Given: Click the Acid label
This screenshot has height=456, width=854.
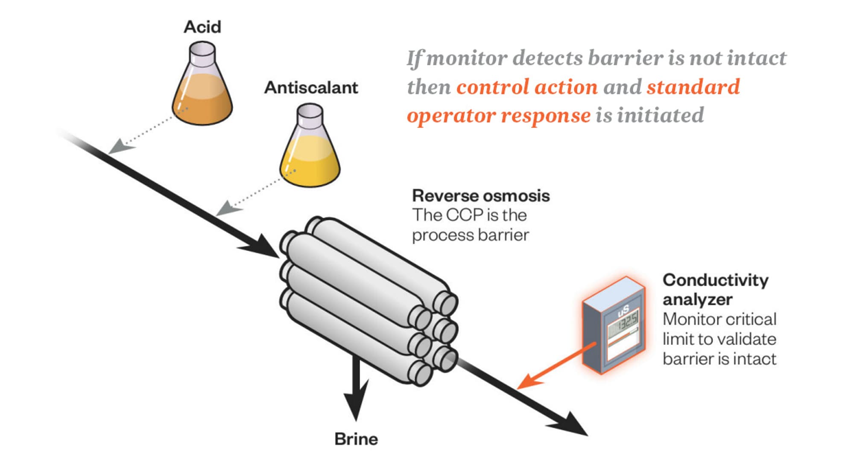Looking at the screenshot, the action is click(x=202, y=27).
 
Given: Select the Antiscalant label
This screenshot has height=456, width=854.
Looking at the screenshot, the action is click(x=311, y=87).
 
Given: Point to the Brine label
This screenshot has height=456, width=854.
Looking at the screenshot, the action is click(x=356, y=439).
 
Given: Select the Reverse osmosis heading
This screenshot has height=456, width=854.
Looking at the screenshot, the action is click(x=481, y=196).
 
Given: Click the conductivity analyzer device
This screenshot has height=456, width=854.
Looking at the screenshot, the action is click(x=614, y=325).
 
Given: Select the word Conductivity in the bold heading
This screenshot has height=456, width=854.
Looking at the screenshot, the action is click(x=715, y=280).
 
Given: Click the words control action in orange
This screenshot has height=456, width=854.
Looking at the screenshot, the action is click(x=527, y=87).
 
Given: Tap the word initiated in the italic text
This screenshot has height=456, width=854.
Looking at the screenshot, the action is click(x=661, y=115).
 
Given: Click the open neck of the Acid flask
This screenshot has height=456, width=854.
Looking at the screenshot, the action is click(x=202, y=48).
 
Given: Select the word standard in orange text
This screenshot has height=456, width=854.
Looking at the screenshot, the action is click(x=693, y=87).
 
